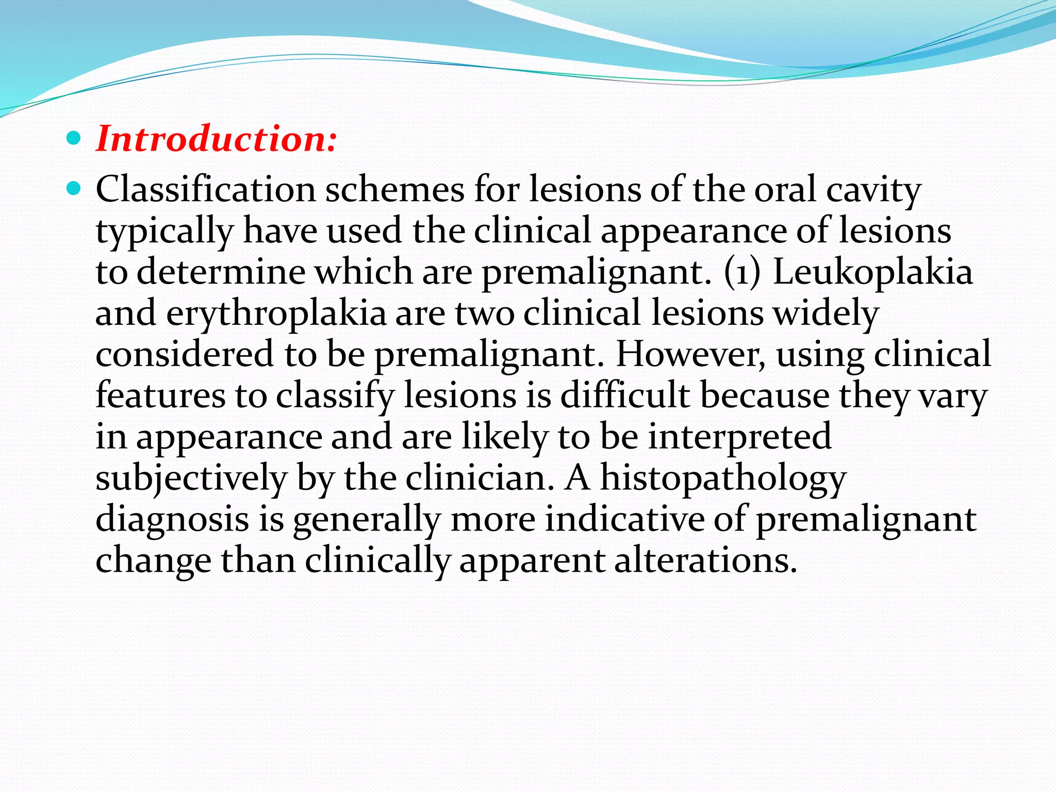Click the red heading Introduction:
tap(217, 139)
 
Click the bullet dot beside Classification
tap(74, 189)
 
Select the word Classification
tap(205, 189)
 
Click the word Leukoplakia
tap(872, 272)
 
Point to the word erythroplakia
tap(276, 313)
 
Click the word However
tap(691, 354)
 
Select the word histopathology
tap(723, 478)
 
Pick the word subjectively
tap(191, 478)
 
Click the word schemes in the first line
tap(394, 189)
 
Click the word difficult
tap(625, 395)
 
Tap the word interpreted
tap(739, 437)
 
